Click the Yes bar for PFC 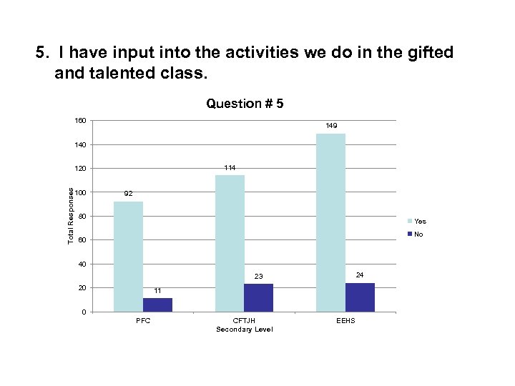128,257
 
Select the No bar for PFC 157,305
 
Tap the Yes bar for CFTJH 230,243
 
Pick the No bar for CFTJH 259,297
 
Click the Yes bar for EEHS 330,222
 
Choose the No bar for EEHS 360,297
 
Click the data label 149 331,126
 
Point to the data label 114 230,167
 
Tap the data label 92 128,194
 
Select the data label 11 157,290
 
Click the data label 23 259,276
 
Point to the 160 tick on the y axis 81,121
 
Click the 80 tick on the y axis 83,217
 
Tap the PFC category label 143,321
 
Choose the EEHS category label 345,321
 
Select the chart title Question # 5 245,104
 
